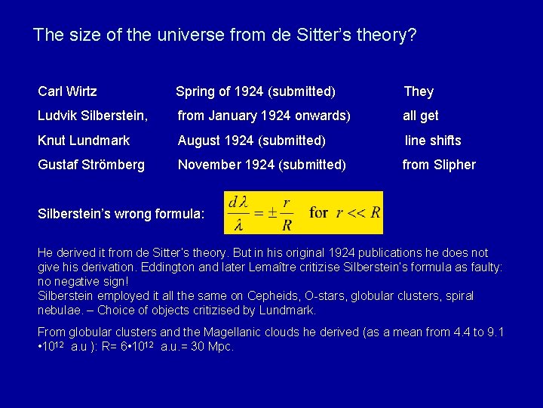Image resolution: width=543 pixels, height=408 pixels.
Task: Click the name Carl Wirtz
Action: pyautogui.click(x=67, y=91)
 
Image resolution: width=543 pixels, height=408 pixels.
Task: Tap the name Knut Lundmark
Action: pyautogui.click(x=84, y=141)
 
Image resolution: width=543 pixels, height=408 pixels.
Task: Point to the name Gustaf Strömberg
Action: pyautogui.click(x=91, y=165)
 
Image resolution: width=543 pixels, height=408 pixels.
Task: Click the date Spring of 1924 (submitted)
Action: pyautogui.click(x=255, y=91)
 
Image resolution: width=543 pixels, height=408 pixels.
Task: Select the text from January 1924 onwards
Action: pyautogui.click(x=264, y=116)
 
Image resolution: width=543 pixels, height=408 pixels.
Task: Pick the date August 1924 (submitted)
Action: pyautogui.click(x=251, y=141)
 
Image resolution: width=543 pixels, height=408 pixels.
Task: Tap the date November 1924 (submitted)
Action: pyautogui.click(x=262, y=165)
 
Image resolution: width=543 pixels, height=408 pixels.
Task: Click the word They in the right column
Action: pyautogui.click(x=419, y=91)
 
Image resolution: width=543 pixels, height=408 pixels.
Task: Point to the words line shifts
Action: pyautogui.click(x=433, y=141)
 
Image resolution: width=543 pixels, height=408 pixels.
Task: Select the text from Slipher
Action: pyautogui.click(x=439, y=165)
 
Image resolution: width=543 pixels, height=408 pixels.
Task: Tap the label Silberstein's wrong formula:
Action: pyautogui.click(x=121, y=214)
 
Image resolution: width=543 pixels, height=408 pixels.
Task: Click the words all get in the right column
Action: pyautogui.click(x=421, y=116)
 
